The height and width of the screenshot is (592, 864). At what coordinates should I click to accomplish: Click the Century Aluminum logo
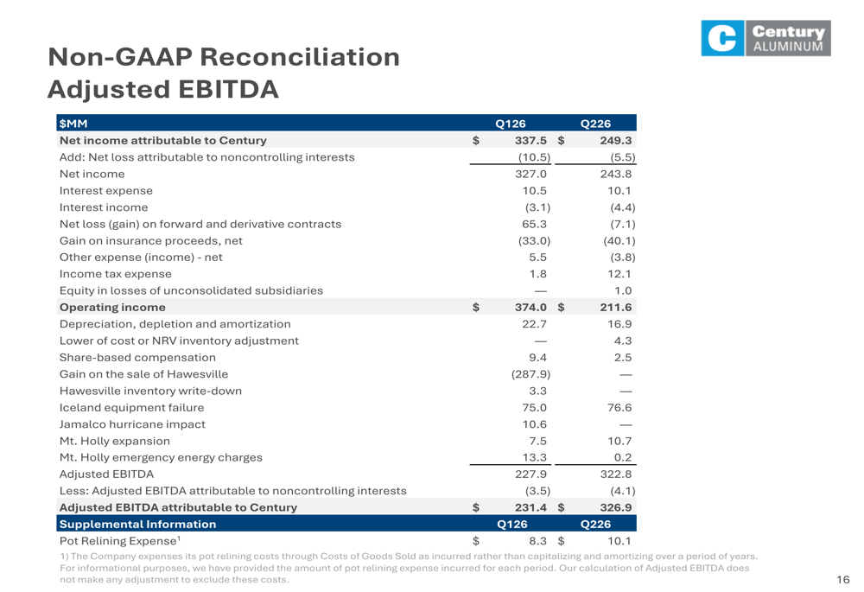tap(766, 38)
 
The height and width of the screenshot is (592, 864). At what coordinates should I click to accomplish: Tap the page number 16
tap(843, 579)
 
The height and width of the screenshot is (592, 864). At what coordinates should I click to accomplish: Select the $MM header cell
tap(73, 124)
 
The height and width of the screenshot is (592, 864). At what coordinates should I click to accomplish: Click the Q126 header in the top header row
tap(511, 124)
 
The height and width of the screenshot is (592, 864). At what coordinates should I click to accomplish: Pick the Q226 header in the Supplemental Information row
tap(595, 525)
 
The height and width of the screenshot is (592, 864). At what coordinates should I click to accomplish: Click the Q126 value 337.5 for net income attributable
tap(530, 141)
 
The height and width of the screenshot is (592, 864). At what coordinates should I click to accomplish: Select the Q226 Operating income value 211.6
tap(615, 308)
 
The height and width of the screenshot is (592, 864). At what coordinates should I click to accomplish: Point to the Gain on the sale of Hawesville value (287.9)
tap(530, 374)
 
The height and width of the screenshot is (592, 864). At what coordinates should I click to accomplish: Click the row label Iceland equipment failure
tap(131, 407)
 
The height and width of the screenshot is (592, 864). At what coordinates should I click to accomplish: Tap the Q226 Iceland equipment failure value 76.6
tap(619, 407)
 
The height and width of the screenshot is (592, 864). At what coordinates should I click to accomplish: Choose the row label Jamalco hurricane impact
tap(132, 424)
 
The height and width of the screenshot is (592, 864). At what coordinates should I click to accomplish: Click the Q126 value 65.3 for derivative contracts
tap(535, 224)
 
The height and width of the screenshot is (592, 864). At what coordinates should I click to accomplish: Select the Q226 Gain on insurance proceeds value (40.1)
tap(619, 241)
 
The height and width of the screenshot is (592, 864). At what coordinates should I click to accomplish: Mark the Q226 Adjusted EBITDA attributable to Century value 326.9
tap(615, 507)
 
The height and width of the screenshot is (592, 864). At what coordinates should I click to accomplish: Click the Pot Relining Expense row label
tap(120, 541)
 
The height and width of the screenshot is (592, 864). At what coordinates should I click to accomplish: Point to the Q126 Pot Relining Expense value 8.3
tap(537, 541)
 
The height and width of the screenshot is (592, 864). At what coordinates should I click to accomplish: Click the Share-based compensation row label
tap(137, 358)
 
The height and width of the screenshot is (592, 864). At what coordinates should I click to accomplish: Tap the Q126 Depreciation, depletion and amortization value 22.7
tap(535, 324)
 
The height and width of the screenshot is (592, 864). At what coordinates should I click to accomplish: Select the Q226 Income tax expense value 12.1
tap(619, 274)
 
